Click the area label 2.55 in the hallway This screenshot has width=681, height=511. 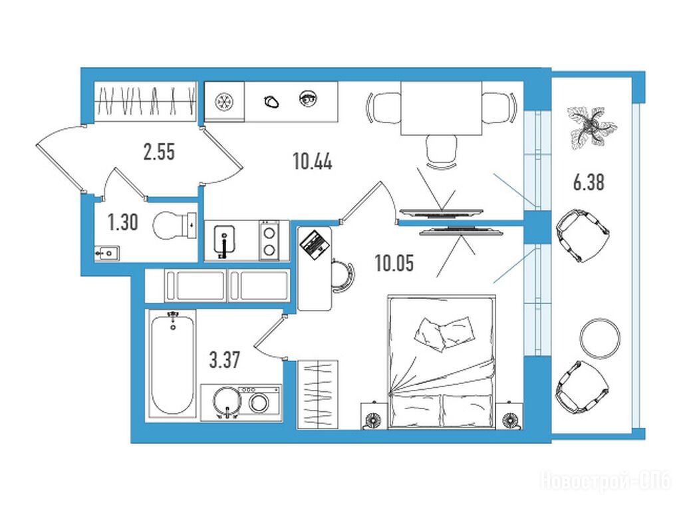(x=159, y=152)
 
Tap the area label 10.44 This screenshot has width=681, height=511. (x=313, y=162)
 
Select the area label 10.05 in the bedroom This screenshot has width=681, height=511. (x=394, y=263)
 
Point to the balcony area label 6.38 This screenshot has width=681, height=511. (x=589, y=182)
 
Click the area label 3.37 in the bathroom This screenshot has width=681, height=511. (x=225, y=360)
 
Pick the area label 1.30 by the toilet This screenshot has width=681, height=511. (x=123, y=222)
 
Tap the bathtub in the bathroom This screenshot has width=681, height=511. (x=172, y=363)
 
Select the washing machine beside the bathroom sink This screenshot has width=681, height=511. (x=259, y=403)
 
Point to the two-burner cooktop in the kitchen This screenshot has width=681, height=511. (x=269, y=241)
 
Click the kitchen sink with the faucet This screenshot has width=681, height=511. (x=224, y=241)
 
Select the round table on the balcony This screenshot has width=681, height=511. (x=601, y=339)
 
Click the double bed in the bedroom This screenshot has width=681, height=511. (x=442, y=362)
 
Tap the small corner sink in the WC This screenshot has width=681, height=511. (x=107, y=252)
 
